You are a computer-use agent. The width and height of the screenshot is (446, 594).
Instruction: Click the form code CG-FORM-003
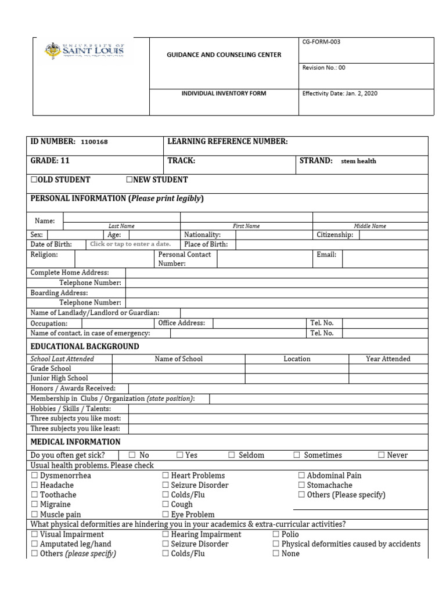point(325,43)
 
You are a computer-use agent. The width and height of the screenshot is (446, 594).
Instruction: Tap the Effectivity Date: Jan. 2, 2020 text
point(340,93)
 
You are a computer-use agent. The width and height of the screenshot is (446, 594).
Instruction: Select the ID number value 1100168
point(94,142)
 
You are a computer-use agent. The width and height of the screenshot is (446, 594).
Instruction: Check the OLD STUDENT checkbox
point(34,180)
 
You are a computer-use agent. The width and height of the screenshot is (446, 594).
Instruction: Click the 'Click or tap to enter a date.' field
point(130,244)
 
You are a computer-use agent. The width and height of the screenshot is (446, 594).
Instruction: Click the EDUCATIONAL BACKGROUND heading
point(84,346)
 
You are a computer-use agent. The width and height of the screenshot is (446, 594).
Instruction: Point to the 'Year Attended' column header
point(388,359)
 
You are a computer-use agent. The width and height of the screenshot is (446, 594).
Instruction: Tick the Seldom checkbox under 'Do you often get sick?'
point(232,455)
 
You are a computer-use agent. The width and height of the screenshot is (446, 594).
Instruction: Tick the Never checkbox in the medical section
point(382,455)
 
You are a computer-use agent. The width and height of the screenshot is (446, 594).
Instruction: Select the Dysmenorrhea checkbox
point(34,476)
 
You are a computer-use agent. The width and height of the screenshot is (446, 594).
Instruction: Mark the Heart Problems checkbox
point(166,476)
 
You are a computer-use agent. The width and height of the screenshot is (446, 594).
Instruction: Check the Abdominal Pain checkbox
point(301,476)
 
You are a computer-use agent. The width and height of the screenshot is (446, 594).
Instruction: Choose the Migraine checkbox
point(34,505)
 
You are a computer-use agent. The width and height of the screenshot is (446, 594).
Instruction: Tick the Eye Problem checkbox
point(166,515)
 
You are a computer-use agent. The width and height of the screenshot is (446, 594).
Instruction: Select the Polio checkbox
point(276,534)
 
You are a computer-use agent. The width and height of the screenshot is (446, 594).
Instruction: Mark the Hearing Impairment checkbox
point(166,534)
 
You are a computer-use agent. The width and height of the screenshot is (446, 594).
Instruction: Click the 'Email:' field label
point(326,255)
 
